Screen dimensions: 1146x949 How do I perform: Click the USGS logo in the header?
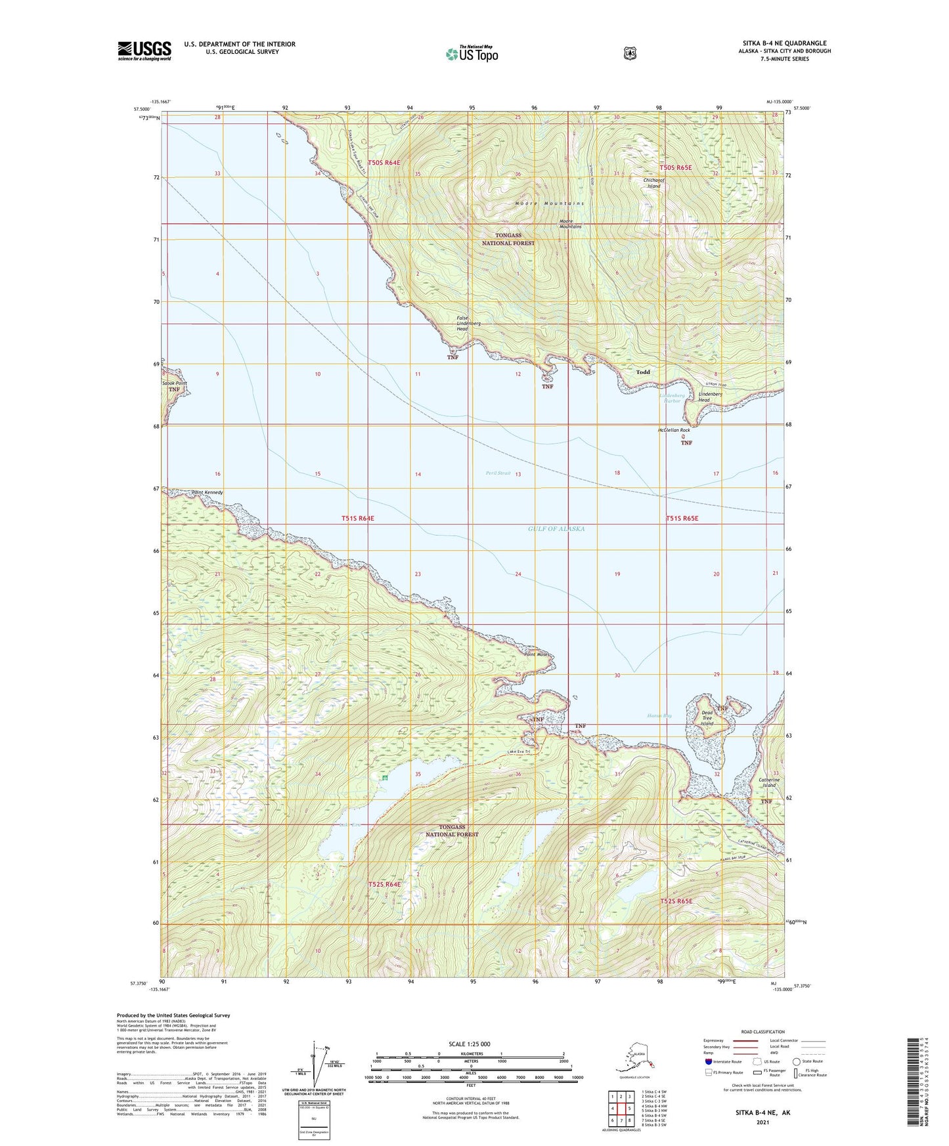click(144, 51)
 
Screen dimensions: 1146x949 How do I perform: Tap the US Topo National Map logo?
click(472, 54)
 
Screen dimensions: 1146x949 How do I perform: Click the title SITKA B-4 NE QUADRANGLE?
click(784, 43)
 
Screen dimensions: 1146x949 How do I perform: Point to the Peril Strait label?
click(498, 473)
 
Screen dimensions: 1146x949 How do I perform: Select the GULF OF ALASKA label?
click(556, 528)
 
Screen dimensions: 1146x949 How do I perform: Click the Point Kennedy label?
click(207, 492)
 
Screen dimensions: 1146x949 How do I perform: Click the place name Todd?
click(642, 372)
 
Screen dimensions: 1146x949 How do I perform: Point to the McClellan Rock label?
click(674, 430)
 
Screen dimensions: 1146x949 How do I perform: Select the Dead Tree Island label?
click(707, 718)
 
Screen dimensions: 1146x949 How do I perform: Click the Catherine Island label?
click(767, 782)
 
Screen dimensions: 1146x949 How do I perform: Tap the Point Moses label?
click(535, 654)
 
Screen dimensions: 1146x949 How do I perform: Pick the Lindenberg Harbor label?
click(671, 398)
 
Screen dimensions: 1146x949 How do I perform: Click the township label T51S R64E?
click(357, 519)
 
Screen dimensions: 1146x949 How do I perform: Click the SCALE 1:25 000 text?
click(469, 1044)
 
